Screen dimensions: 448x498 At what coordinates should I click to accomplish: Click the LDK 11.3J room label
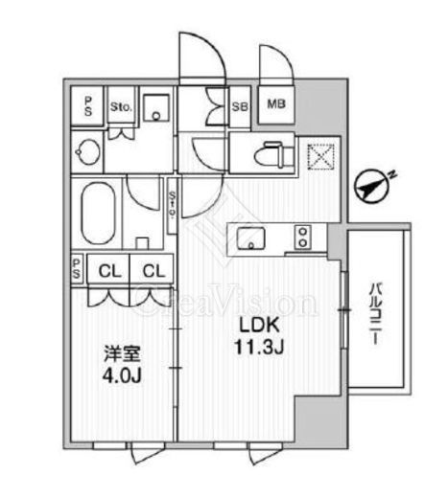click(259, 336)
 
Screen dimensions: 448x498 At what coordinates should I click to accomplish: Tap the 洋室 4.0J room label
click(122, 365)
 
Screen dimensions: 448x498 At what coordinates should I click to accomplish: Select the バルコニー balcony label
click(374, 314)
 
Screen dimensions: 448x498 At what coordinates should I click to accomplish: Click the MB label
click(276, 104)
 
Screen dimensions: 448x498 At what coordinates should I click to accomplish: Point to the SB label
click(240, 106)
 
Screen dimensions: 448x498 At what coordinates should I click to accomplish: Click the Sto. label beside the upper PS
click(121, 107)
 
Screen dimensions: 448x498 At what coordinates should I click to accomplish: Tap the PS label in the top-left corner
click(87, 106)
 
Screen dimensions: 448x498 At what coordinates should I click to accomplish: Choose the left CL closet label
click(109, 272)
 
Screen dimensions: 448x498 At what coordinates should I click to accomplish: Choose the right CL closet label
click(153, 272)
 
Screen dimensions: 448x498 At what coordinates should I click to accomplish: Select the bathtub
click(98, 214)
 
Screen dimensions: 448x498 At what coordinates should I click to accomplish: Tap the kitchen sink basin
click(251, 238)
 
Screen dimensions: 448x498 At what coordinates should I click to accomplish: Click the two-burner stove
click(302, 237)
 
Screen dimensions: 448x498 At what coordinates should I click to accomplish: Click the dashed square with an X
click(320, 157)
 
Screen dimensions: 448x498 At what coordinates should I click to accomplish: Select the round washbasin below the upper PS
click(87, 152)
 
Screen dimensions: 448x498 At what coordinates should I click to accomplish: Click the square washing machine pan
click(156, 107)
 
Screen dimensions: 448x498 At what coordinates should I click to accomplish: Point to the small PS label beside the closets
click(77, 268)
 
